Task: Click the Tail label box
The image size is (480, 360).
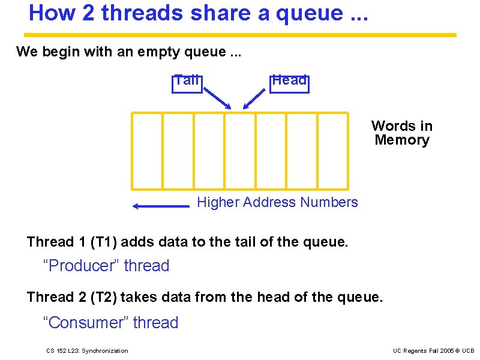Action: point(187,82)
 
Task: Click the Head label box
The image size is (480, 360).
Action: point(289,82)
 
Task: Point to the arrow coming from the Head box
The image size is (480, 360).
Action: point(254,98)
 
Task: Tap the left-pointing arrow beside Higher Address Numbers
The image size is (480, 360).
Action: point(161,206)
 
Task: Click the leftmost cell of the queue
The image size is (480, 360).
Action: point(147,151)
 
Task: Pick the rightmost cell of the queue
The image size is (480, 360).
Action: point(332,151)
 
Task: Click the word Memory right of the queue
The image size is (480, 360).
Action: point(402,140)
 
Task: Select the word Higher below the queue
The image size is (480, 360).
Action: point(218,203)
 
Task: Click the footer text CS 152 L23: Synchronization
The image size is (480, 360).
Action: point(87,351)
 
